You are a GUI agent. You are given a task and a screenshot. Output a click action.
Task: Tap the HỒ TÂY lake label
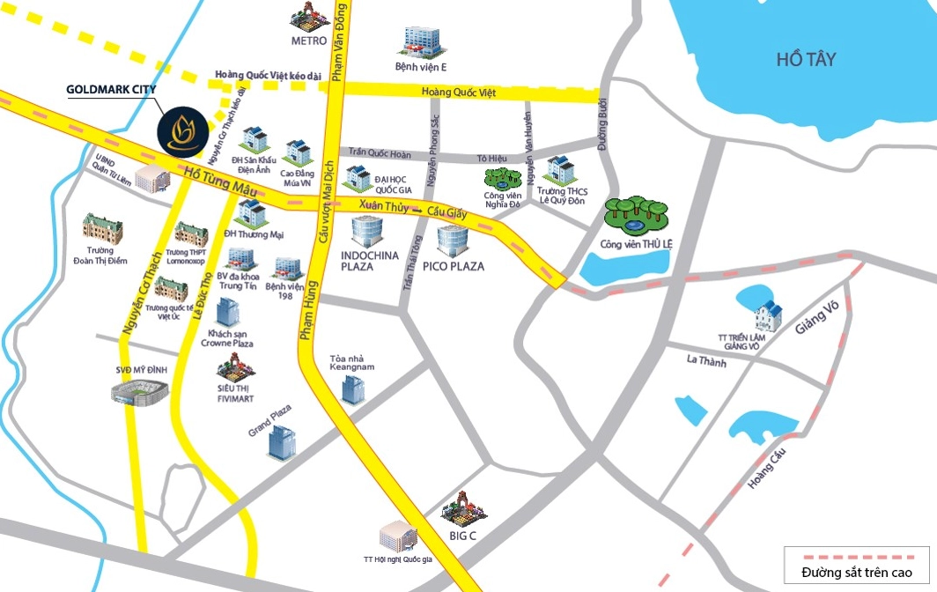806,60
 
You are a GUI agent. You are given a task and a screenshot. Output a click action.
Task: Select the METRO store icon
310,17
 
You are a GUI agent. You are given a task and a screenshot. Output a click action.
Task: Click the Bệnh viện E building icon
421,41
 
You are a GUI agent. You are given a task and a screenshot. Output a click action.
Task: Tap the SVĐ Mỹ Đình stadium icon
140,391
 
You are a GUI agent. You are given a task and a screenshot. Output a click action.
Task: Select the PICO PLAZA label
453,265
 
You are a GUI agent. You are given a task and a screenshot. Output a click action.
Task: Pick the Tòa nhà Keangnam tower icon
352,387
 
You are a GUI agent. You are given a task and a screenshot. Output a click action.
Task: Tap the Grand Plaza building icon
283,440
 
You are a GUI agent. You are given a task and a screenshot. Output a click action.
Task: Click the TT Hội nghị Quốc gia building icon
397,536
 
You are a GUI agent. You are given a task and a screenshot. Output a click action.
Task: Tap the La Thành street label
705,359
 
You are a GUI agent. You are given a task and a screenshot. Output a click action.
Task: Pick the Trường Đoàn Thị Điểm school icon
103,228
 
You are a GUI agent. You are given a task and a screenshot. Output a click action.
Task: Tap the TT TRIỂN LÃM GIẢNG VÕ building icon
769,312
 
